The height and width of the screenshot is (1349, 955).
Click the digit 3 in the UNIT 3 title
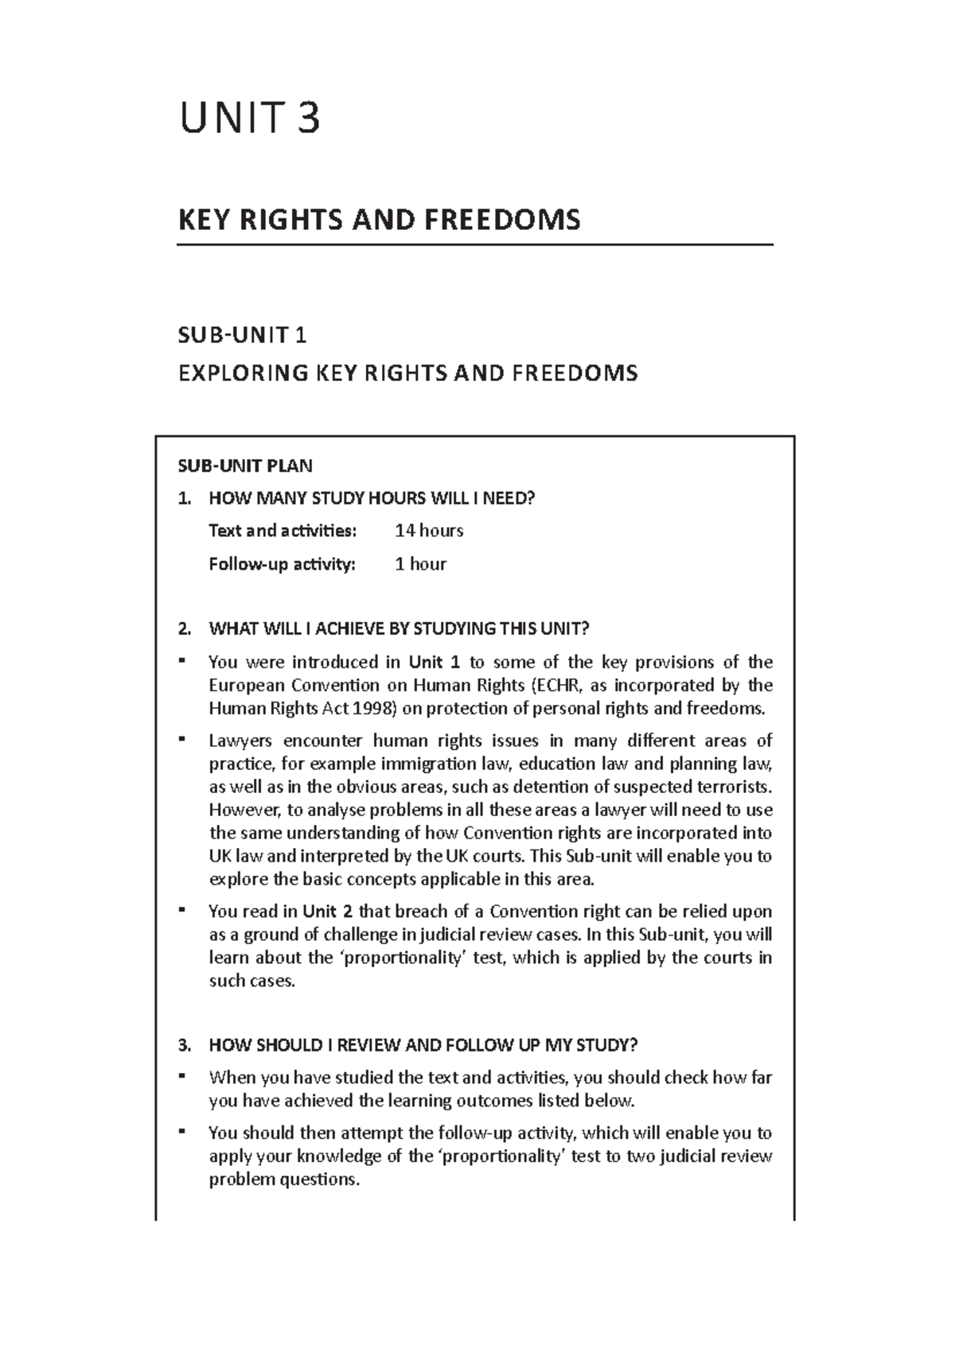coord(307,119)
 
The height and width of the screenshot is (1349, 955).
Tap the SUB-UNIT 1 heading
coord(243,336)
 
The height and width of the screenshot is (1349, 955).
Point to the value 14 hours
coord(429,531)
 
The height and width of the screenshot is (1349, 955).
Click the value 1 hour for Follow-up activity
coord(420,564)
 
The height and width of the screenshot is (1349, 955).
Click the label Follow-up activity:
coord(282,564)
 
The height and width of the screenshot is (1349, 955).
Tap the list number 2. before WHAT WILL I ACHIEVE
coord(185,629)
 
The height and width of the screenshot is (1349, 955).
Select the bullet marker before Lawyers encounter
coord(182,739)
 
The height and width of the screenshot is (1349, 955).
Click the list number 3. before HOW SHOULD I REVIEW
coord(185,1045)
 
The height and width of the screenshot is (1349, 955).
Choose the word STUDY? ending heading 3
coord(610,1045)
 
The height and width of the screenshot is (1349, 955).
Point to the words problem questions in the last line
coord(283,1180)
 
